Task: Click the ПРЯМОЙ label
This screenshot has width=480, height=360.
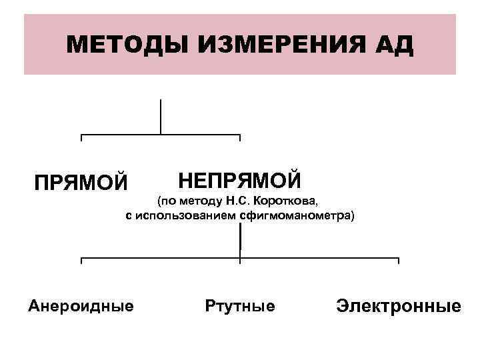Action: point(81,181)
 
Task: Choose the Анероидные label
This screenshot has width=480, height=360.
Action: point(81,306)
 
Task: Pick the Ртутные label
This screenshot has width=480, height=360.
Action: point(241,306)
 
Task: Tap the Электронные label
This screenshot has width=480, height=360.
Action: point(399,306)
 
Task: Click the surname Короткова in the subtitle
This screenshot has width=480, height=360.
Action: point(291,201)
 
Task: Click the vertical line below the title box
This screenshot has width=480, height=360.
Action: point(161,116)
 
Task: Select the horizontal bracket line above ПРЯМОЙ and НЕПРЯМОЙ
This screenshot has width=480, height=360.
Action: point(161,135)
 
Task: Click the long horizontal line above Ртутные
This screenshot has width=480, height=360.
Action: point(240,258)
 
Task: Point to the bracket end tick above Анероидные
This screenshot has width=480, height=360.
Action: point(81,261)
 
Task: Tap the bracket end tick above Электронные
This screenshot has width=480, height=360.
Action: point(399,261)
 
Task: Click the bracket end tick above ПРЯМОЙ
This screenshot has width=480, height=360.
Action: point(81,137)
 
